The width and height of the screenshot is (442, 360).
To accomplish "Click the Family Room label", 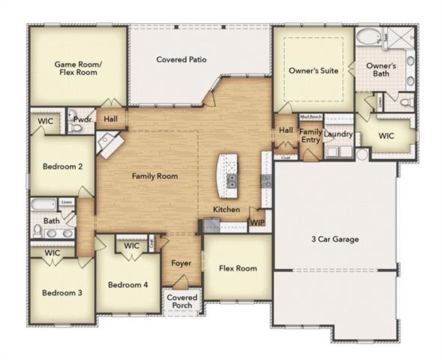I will [x=155, y=175].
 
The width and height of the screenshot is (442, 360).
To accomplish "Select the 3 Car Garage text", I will [x=335, y=239].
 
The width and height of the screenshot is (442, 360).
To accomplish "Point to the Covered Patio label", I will [x=181, y=59].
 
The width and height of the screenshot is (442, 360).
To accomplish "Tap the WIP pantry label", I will [x=257, y=222].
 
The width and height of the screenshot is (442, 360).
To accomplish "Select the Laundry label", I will [x=338, y=133].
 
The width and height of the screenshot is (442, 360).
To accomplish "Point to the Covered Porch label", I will [x=182, y=301].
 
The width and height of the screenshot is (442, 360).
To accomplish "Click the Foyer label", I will [x=181, y=263].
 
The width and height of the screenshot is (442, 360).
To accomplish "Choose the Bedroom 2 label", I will [x=62, y=166].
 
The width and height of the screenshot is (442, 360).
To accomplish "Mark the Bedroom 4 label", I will [x=128, y=285].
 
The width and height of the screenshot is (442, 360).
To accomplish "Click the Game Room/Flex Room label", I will [x=76, y=69].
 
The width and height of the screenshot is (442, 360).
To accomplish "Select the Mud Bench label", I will [x=311, y=118].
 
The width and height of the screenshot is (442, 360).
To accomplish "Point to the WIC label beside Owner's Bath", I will [x=386, y=136].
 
